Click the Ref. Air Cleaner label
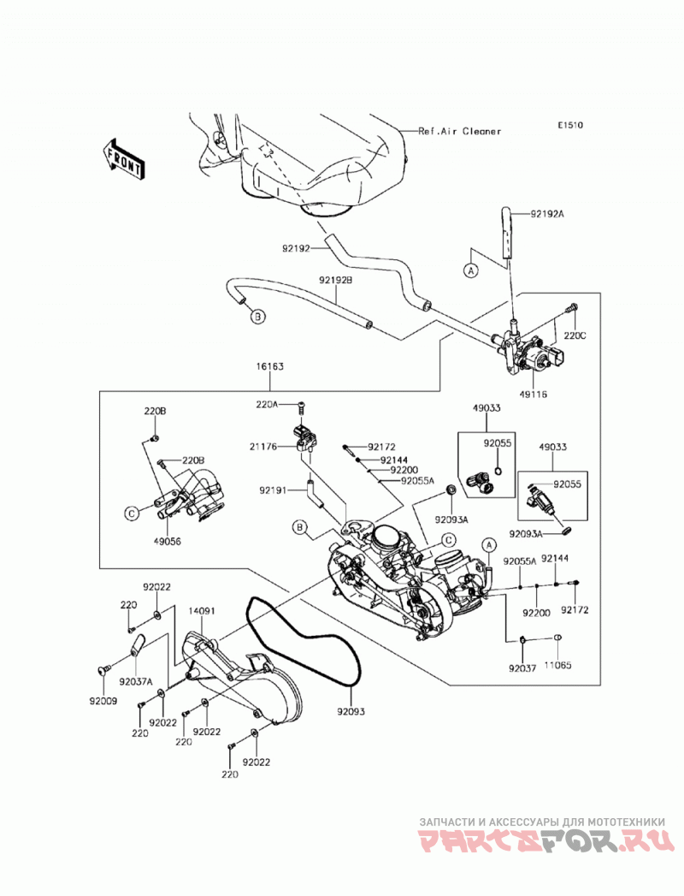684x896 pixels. click(x=460, y=132)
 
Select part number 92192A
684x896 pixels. click(x=547, y=214)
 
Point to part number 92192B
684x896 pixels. click(x=336, y=281)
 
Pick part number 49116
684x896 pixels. click(x=534, y=395)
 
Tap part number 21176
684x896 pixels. click(x=263, y=447)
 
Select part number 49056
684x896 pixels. click(x=167, y=541)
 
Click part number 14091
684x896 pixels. click(x=202, y=611)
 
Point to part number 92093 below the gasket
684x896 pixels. click(x=351, y=712)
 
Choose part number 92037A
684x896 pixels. click(x=136, y=681)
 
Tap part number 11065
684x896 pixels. click(x=557, y=665)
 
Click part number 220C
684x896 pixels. click(x=575, y=336)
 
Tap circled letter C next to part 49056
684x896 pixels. click(x=132, y=513)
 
